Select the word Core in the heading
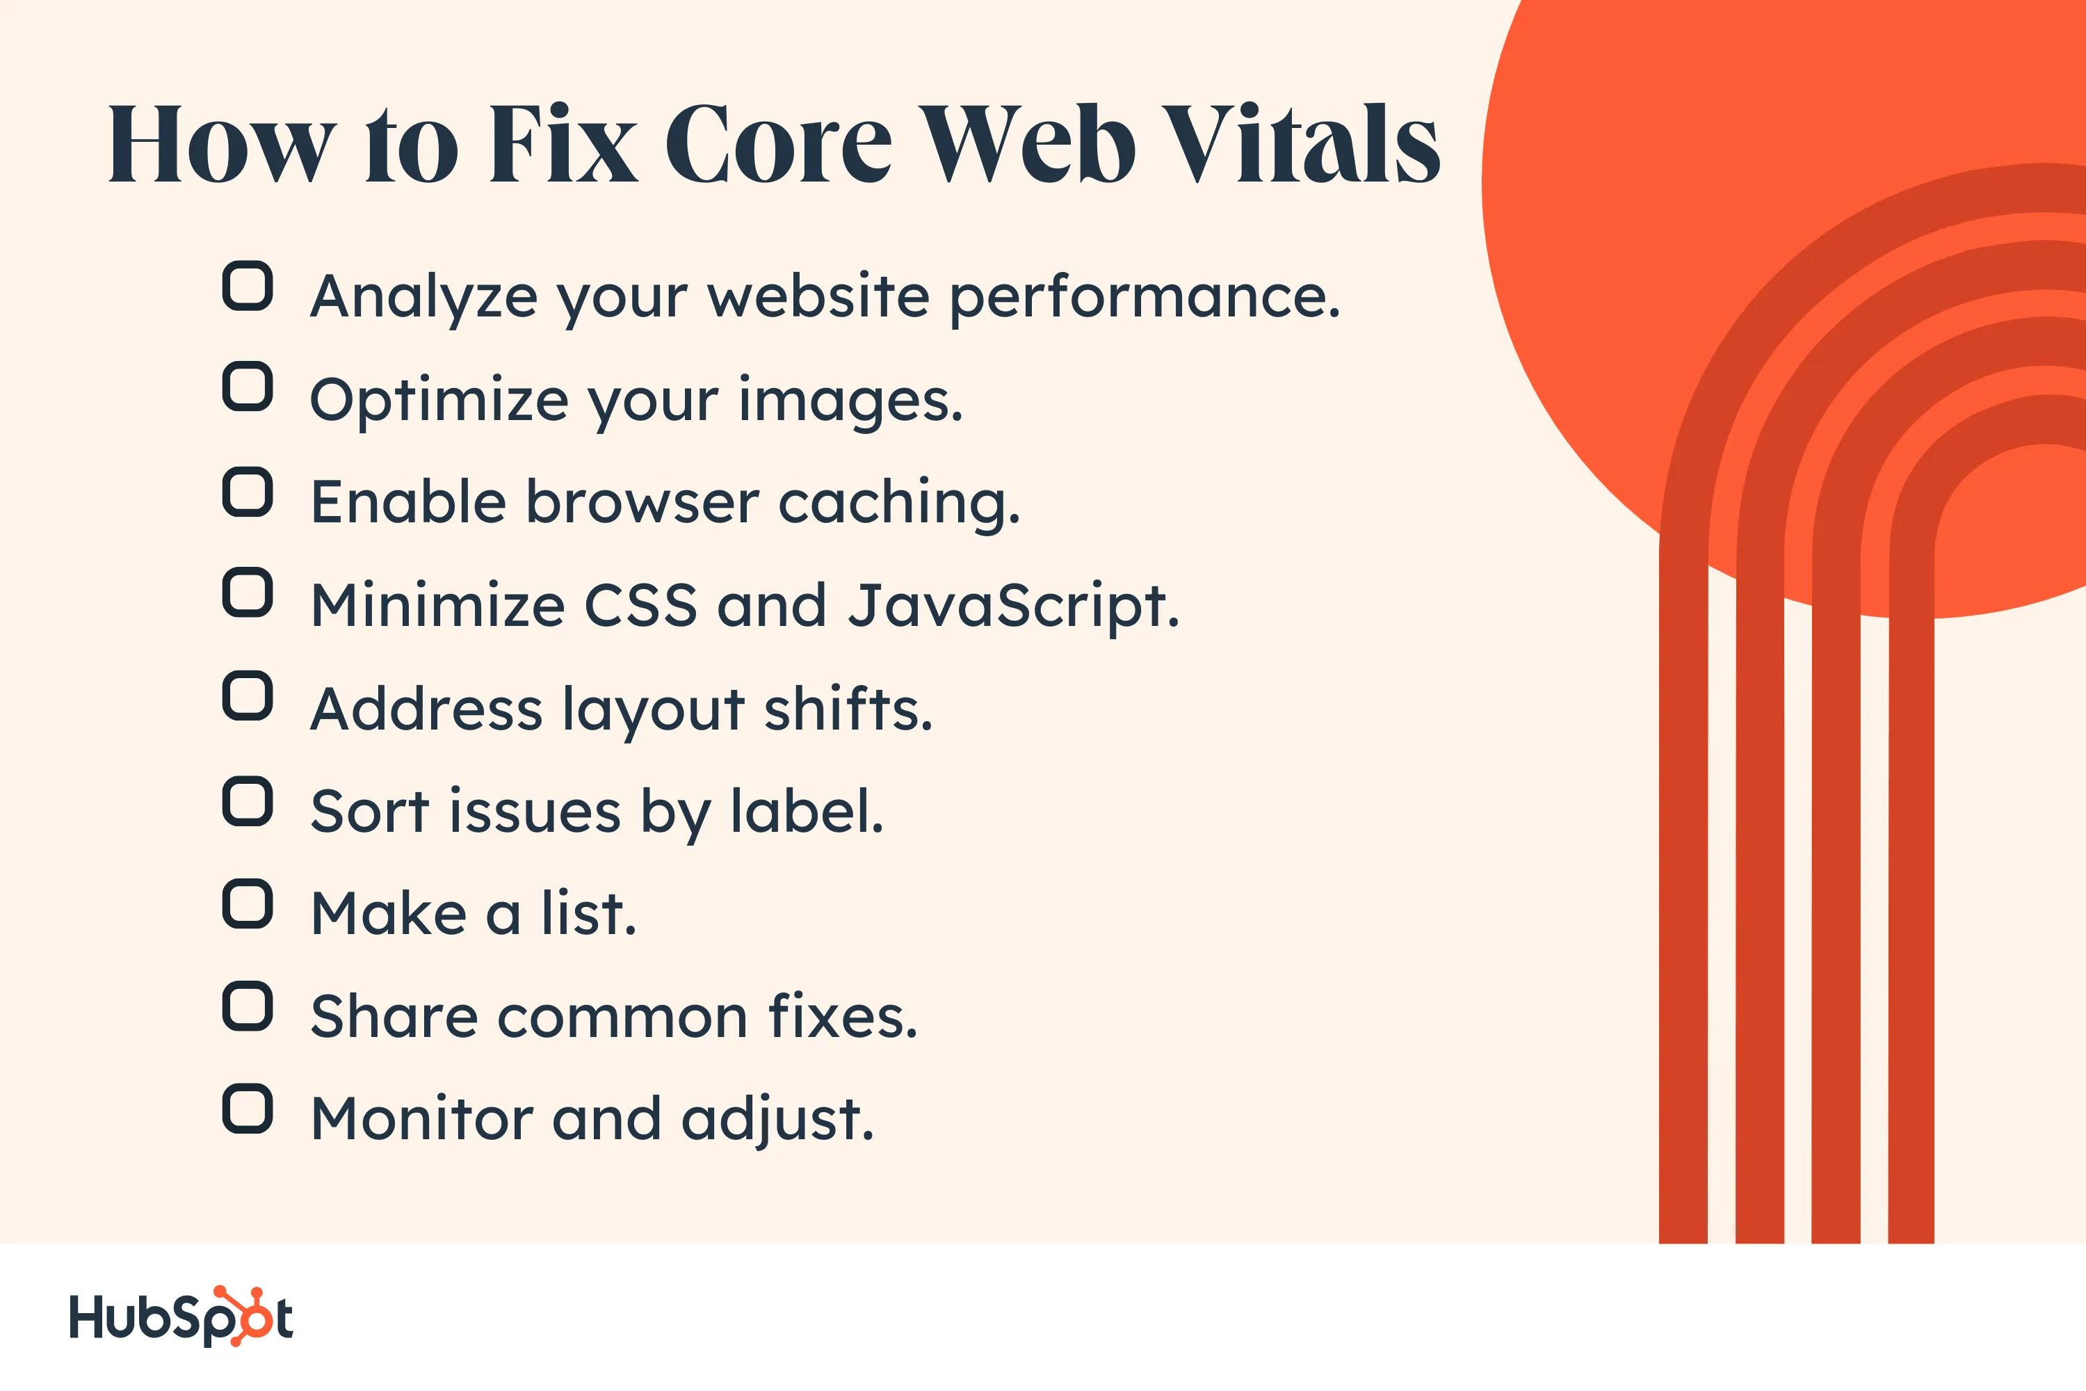778,144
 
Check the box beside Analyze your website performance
248,286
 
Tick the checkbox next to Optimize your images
248,387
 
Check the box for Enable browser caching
248,492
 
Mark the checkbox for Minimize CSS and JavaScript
248,593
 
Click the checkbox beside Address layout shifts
248,695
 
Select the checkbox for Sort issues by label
248,801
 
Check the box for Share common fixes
248,1006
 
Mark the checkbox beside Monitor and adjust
248,1109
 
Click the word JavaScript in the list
1013,606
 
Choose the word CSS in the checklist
640,606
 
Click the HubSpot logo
181,1317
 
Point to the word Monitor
422,1120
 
